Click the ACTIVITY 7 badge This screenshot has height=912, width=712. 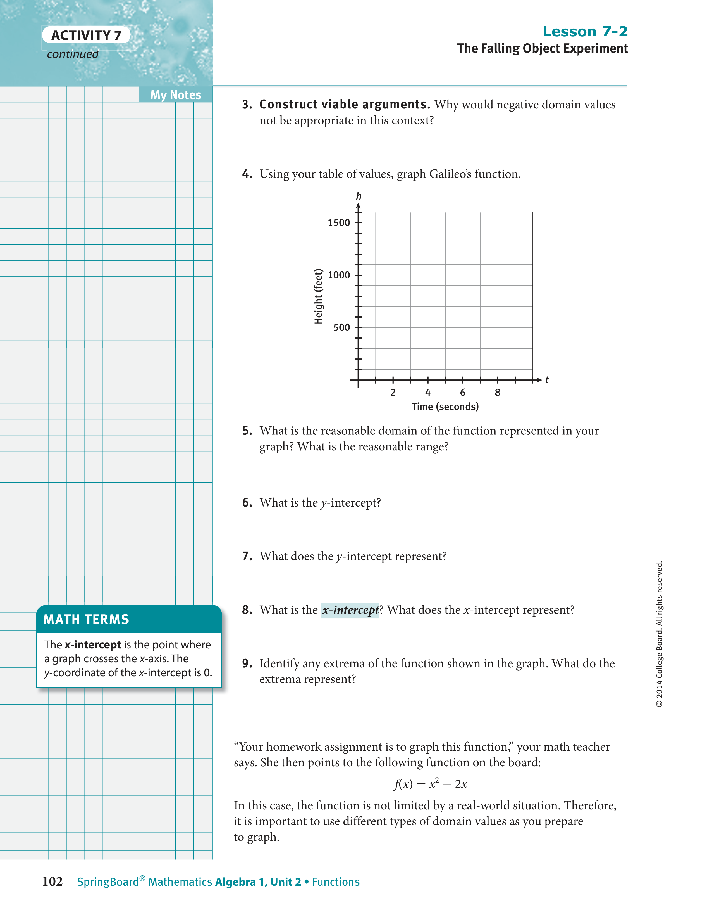tap(86, 36)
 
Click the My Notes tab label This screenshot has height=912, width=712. tap(176, 95)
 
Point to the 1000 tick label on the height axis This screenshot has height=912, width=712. tap(339, 275)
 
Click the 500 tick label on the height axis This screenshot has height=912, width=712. tap(341, 327)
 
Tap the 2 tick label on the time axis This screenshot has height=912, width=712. tap(393, 393)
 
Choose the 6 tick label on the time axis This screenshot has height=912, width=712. tap(463, 393)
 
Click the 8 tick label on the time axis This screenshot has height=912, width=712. tap(498, 393)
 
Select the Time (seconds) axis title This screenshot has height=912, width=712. tap(445, 407)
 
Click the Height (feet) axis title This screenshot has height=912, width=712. tap(319, 296)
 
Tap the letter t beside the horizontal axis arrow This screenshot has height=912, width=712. tap(547, 380)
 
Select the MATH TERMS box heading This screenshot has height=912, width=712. tap(86, 619)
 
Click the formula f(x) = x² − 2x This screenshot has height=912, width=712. tap(431, 784)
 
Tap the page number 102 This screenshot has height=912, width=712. tap(52, 882)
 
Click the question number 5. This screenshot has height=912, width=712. tap(247, 431)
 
